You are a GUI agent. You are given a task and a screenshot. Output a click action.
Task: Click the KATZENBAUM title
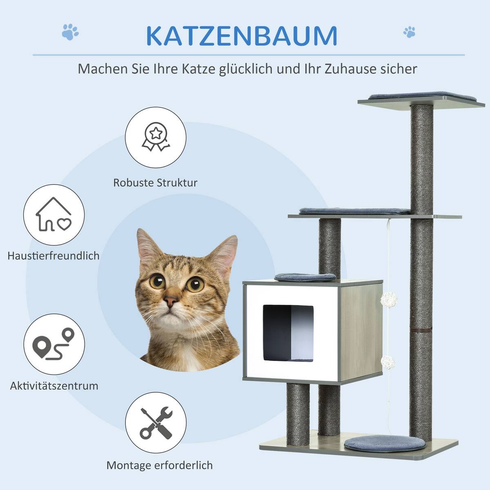point(241,36)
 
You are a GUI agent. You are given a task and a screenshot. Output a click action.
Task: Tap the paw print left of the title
point(70,32)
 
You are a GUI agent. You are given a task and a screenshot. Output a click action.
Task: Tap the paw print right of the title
point(409,32)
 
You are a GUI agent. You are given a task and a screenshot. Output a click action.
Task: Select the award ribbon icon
point(155,136)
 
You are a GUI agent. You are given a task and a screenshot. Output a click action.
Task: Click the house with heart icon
point(53,215)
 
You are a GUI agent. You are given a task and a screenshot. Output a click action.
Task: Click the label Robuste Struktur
point(155,183)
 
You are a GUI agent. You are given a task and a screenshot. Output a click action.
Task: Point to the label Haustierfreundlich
point(53,256)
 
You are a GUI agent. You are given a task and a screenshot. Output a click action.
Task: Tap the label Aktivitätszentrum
point(54,385)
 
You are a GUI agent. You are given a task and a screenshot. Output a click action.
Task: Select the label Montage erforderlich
point(159,465)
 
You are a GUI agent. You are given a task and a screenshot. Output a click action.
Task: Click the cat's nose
point(171,302)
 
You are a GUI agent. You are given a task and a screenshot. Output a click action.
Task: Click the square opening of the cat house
point(288,333)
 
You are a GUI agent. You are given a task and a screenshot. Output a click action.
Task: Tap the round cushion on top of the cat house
point(305,277)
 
